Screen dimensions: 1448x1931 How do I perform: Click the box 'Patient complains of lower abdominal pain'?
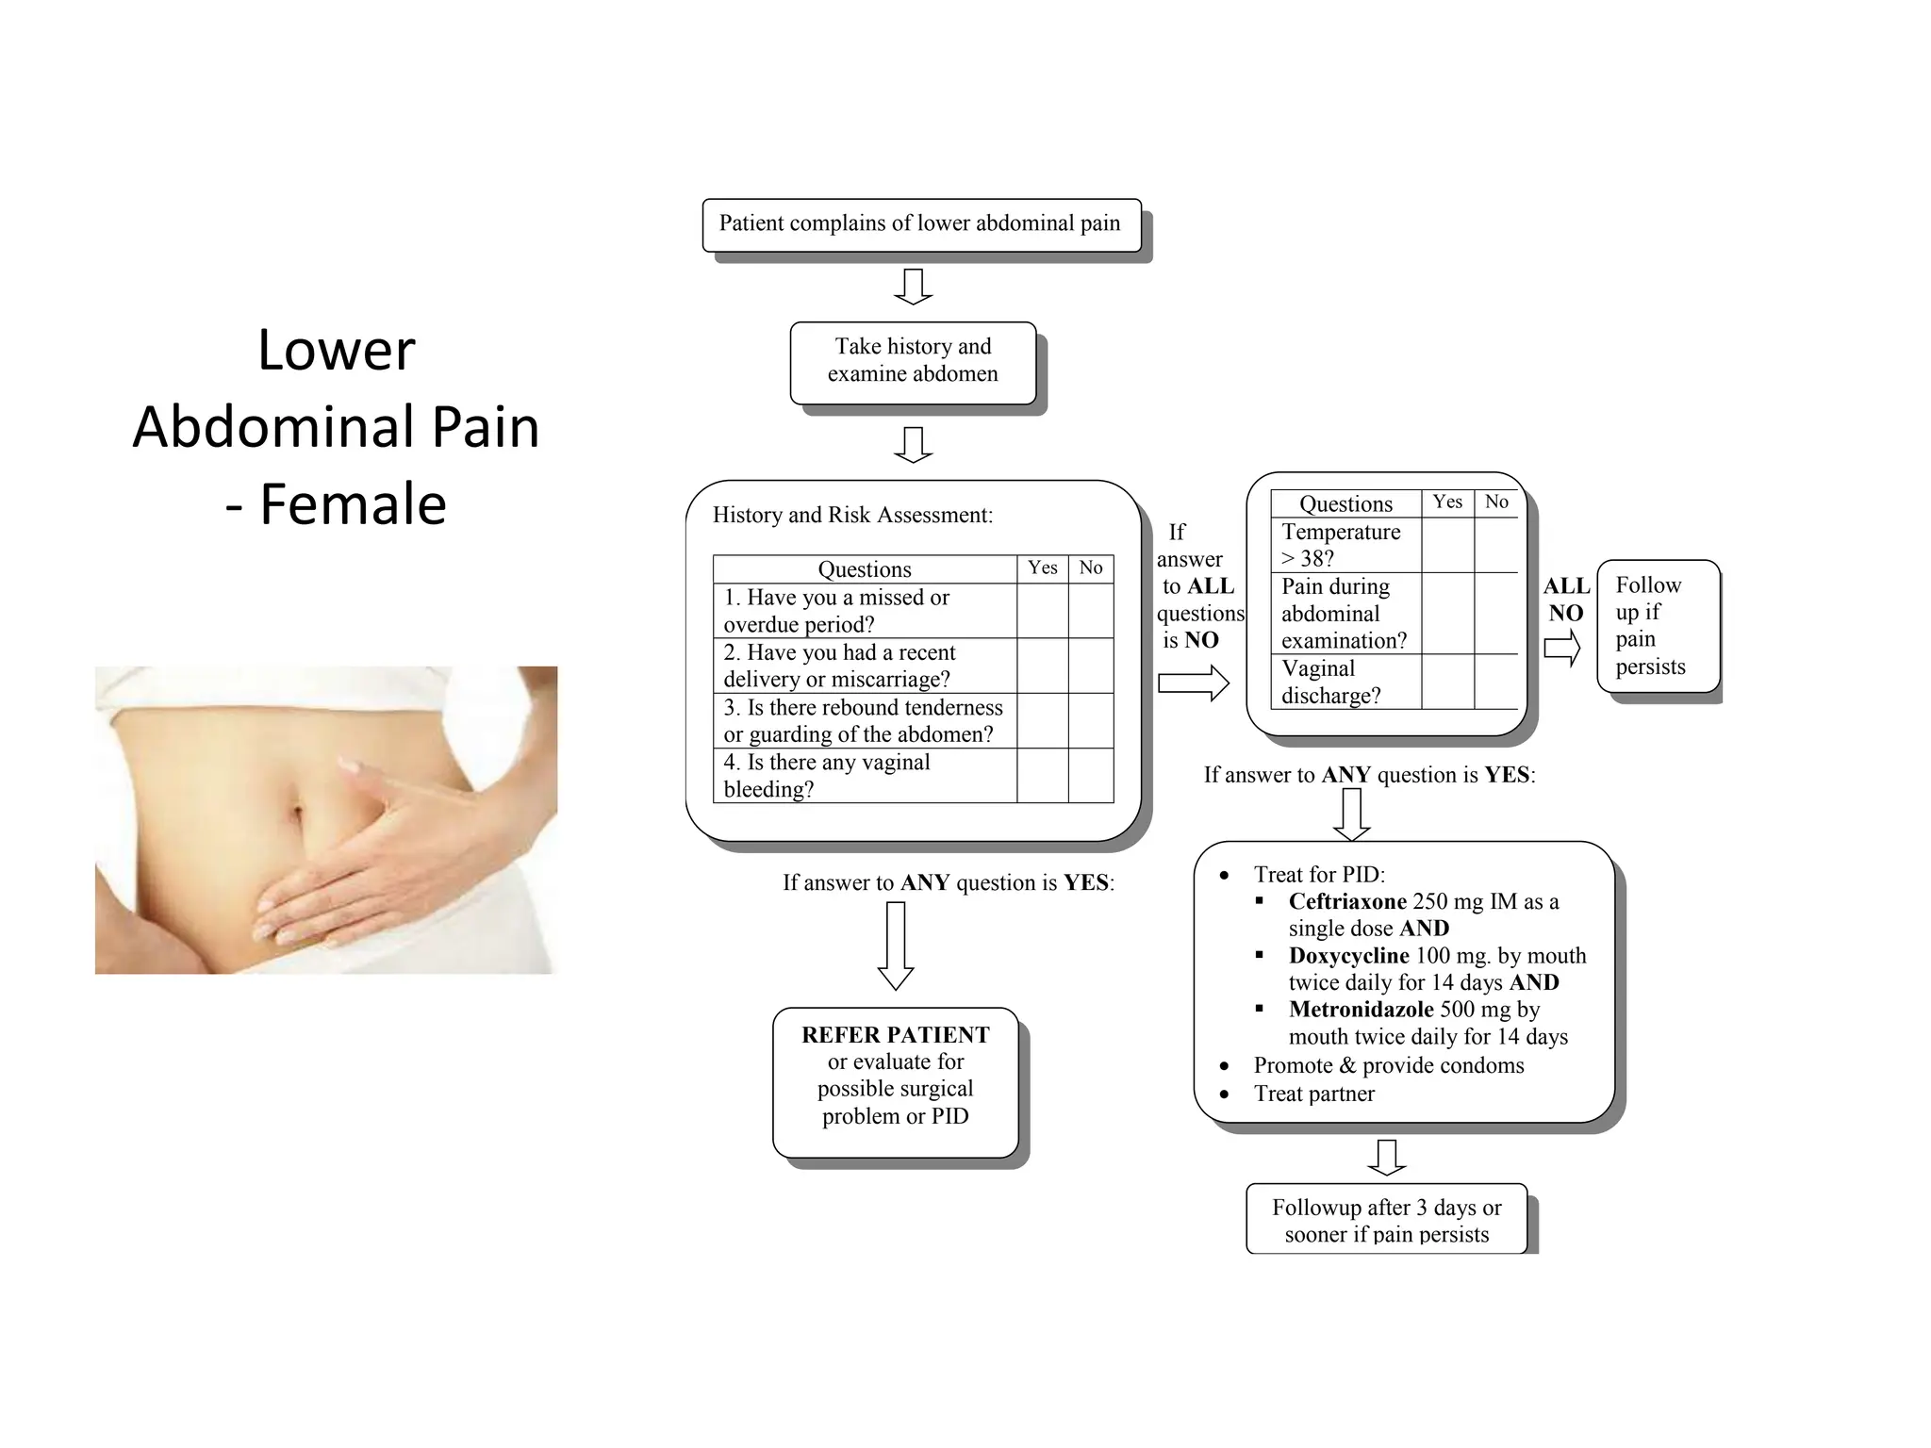921,224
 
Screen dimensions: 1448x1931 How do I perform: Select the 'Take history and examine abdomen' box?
913,361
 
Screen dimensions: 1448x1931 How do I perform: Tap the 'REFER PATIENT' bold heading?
895,1035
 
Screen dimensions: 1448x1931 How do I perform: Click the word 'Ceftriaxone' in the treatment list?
1347,902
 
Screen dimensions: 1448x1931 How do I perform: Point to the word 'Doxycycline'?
1348,956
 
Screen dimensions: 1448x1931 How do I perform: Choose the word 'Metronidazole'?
1361,1010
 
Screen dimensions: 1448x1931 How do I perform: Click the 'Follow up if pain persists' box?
1658,626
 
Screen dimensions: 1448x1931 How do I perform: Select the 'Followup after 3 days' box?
1386,1220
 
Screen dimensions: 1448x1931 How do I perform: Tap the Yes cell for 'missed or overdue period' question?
1042,611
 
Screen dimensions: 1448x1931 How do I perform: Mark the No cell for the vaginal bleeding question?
1091,776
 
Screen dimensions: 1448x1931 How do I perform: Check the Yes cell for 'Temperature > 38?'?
1447,545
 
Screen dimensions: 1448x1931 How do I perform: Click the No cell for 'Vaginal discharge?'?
1496,682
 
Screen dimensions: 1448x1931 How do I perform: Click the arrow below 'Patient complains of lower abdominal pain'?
913,287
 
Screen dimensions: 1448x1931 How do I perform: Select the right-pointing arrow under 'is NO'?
1193,683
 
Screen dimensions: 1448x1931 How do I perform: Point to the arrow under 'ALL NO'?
1561,648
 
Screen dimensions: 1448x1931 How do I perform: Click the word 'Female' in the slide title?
353,503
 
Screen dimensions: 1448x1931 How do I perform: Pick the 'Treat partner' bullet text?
1313,1094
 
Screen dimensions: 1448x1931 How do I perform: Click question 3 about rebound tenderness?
863,721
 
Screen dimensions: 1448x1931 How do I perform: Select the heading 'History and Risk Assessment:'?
852,515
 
